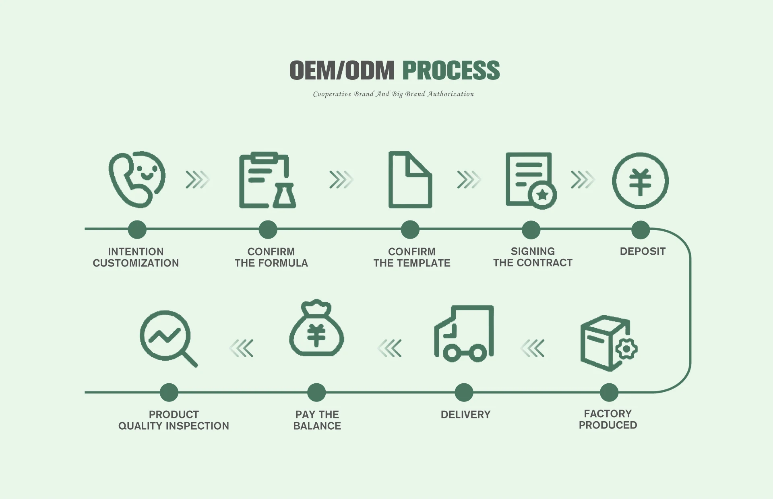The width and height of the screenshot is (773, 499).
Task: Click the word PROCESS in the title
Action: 451,71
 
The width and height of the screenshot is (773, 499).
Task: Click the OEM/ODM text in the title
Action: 342,71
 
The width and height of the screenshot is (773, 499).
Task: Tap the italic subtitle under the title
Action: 393,94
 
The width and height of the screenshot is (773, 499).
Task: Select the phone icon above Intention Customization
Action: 136,180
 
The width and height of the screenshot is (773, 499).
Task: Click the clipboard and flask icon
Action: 267,180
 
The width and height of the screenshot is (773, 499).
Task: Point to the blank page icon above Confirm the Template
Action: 410,180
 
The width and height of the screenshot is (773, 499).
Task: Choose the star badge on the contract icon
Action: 542,195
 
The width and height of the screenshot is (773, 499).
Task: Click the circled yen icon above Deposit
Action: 640,181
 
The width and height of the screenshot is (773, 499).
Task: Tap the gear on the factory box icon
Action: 626,349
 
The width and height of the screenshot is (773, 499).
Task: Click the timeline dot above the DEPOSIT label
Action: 641,230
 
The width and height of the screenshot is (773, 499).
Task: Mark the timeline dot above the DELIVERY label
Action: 464,392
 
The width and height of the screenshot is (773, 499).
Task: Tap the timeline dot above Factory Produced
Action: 609,392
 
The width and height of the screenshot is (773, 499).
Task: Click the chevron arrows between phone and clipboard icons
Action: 197,180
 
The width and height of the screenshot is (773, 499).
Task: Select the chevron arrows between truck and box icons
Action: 533,348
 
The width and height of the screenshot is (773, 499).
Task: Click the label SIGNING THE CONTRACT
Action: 533,257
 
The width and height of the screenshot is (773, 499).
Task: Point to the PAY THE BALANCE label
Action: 317,420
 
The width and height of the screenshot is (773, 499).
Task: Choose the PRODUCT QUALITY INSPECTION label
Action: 174,420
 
